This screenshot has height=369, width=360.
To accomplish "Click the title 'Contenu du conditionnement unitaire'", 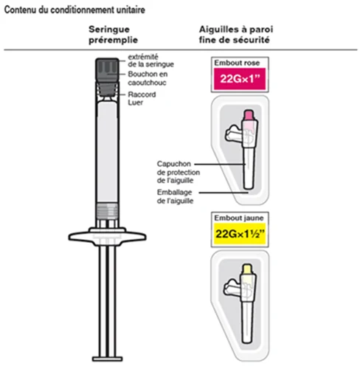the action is [x=75, y=10].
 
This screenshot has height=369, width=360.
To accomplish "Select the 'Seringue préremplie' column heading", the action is [x=113, y=35].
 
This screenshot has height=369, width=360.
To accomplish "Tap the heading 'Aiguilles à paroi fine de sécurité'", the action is [x=236, y=35].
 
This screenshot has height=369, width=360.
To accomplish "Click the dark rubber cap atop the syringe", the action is [x=107, y=69].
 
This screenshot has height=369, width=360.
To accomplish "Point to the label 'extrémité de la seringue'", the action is [x=150, y=61].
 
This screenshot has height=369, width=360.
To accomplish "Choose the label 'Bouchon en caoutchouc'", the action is [x=148, y=78].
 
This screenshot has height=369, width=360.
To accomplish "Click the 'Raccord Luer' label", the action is [x=142, y=98].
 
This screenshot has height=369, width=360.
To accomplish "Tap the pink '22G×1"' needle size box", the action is [x=240, y=79].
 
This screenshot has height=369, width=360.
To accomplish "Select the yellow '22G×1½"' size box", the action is [x=240, y=234].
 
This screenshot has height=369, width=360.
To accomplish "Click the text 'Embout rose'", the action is [x=237, y=63].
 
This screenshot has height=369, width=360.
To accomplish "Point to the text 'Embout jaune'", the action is [x=239, y=218].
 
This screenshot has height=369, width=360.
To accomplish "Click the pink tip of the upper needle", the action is [x=249, y=115].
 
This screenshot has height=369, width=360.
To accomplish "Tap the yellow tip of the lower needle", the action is [x=247, y=269].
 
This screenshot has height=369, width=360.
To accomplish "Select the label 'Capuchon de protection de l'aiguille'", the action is [x=179, y=172].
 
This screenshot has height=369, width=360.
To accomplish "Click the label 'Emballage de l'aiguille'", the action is [x=175, y=196].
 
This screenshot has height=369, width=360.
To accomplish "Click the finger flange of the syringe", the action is [x=107, y=236].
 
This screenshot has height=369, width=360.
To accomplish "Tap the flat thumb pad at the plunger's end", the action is [x=107, y=359].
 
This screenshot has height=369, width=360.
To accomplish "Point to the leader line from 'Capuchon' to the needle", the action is [x=220, y=164].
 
